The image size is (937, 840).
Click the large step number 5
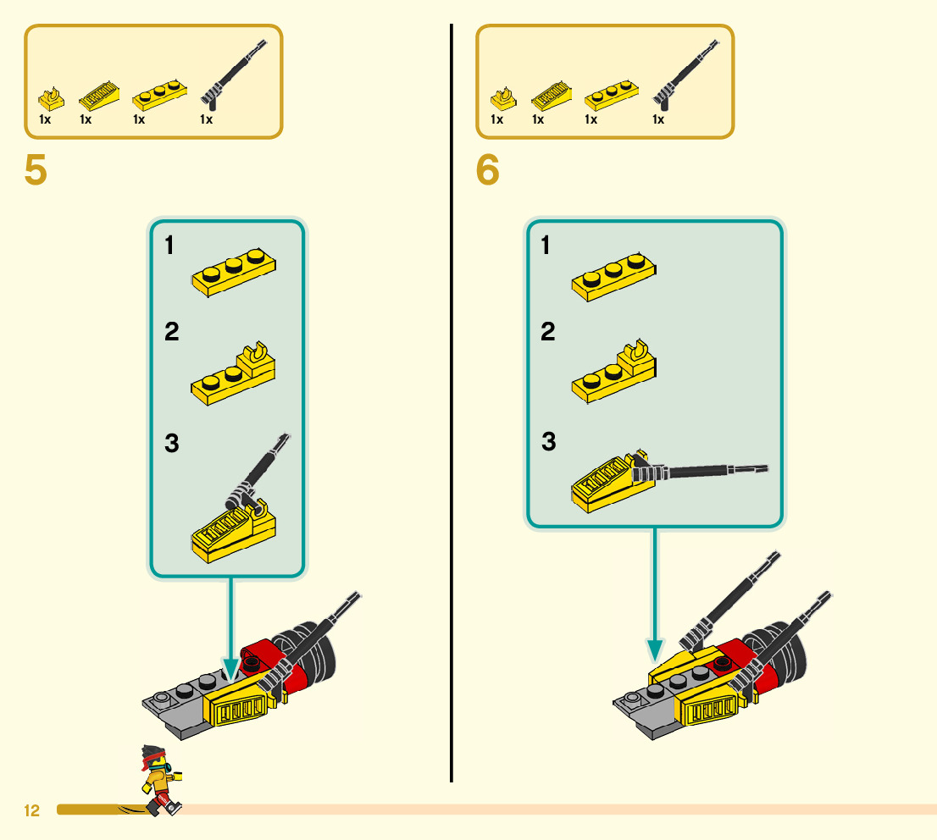point(36,171)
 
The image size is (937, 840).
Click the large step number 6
point(488,171)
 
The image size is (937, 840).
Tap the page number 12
point(31,811)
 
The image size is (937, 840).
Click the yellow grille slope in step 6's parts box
point(550,97)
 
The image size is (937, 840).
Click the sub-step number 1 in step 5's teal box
point(169,246)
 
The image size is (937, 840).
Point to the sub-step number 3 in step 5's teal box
point(172,443)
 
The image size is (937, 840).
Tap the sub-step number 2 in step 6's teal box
point(548,332)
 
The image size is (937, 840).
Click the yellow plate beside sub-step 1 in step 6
point(614,279)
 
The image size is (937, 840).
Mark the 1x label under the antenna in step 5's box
point(206,119)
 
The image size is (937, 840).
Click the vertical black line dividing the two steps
point(452,423)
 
